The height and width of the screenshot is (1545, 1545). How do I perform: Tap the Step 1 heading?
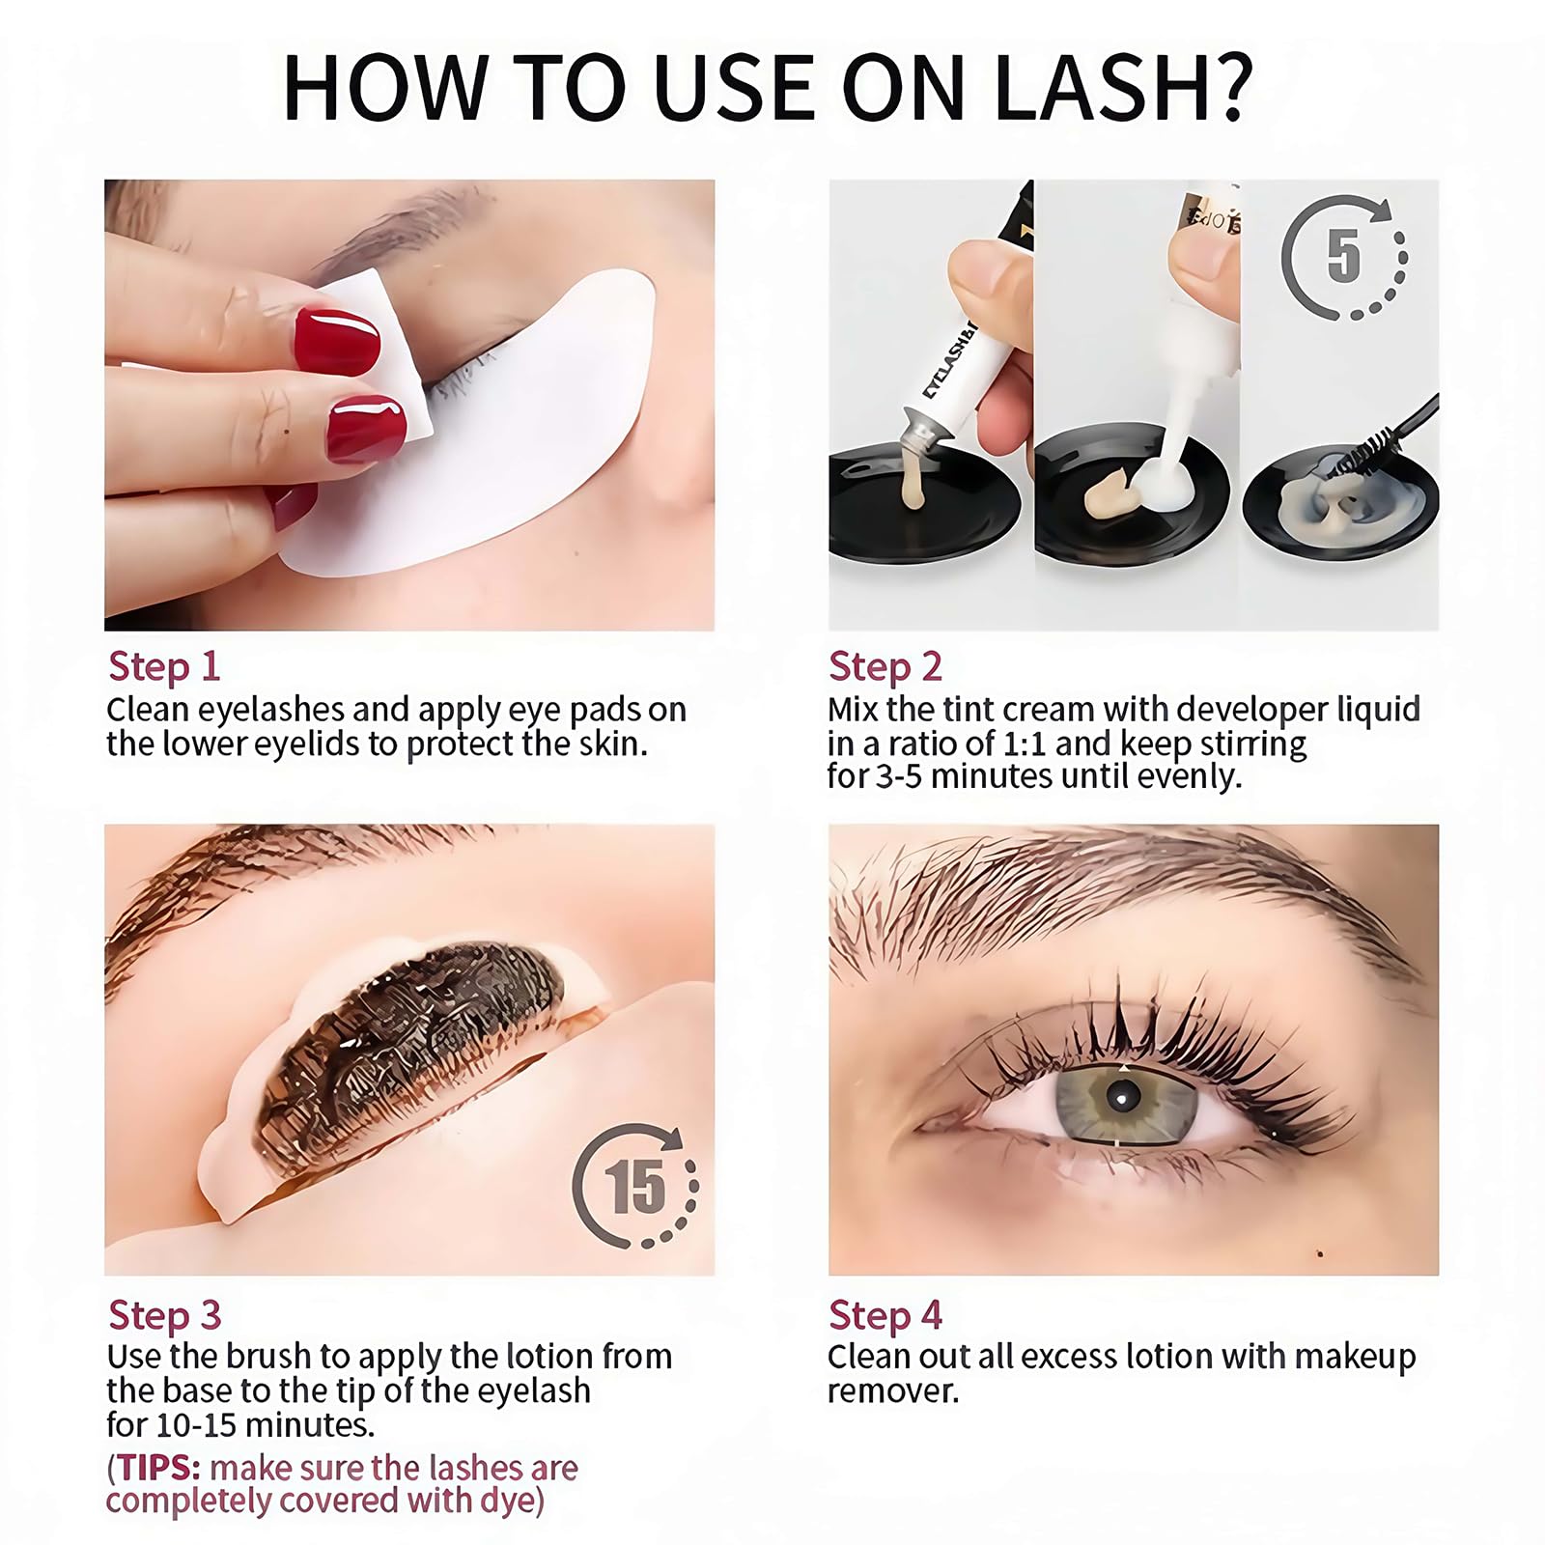[x=164, y=666]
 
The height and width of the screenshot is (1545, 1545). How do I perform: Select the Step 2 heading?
[x=885, y=666]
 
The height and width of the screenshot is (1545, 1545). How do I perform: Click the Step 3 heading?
[x=165, y=1315]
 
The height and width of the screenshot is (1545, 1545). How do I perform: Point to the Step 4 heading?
[x=885, y=1315]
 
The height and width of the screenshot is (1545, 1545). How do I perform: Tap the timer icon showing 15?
[x=634, y=1186]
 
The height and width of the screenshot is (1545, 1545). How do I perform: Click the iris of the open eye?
[x=1120, y=1097]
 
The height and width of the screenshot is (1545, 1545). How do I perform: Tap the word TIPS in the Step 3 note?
[x=158, y=1468]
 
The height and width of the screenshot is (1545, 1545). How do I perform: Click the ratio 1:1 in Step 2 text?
[x=1022, y=744]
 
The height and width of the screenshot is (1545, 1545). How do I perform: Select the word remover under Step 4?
[x=893, y=1391]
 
